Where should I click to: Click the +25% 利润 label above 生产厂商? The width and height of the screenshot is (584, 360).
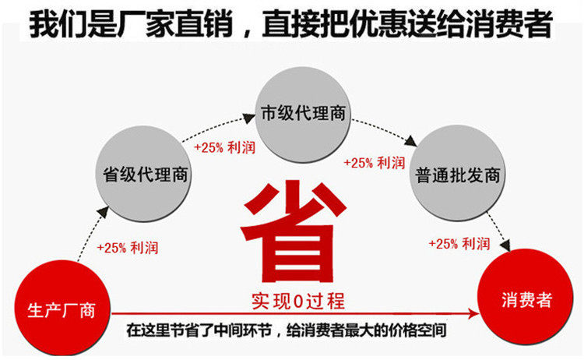pyautogui.click(x=128, y=247)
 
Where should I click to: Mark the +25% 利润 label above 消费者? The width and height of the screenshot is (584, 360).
pyautogui.click(x=459, y=243)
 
